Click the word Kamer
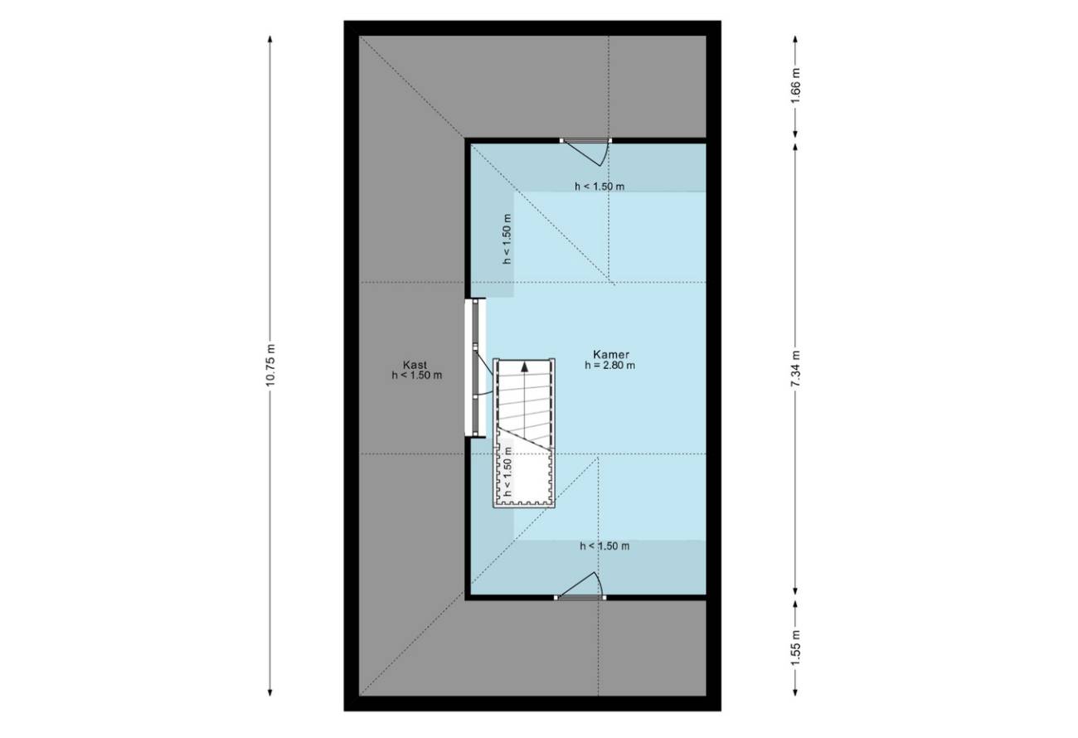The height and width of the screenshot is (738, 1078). tap(610, 354)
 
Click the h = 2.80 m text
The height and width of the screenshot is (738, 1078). tap(609, 365)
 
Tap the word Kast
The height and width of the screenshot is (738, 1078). tap(415, 365)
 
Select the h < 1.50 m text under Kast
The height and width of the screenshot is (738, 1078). tap(417, 376)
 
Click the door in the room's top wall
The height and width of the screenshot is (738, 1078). tap(585, 151)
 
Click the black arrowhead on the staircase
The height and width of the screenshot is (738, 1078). tap(525, 367)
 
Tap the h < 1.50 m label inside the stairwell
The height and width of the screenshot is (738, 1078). tap(507, 472)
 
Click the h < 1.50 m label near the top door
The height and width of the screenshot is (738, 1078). tap(600, 187)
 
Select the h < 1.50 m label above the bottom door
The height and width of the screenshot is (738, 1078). tap(605, 546)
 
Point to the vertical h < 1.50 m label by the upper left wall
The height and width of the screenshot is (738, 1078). tap(507, 239)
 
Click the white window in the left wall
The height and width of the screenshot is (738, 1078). tap(475, 367)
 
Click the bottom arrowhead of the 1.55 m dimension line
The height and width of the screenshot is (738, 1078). tap(795, 692)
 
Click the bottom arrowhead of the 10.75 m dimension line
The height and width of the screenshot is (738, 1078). tap(270, 692)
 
